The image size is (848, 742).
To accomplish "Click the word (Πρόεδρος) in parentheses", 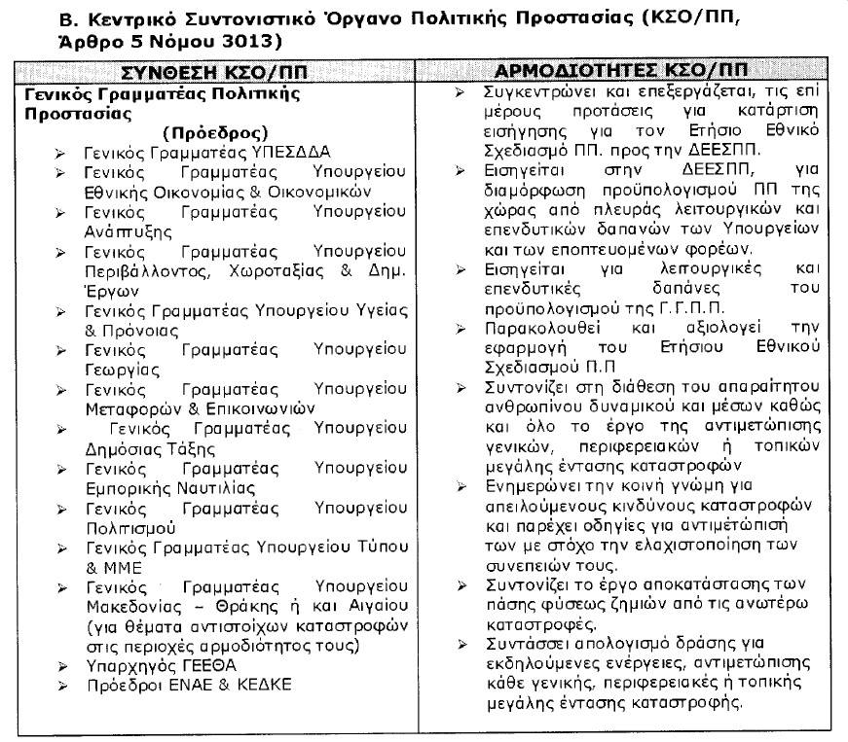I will coord(214,132).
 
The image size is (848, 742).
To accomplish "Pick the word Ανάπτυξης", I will coord(128,231).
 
